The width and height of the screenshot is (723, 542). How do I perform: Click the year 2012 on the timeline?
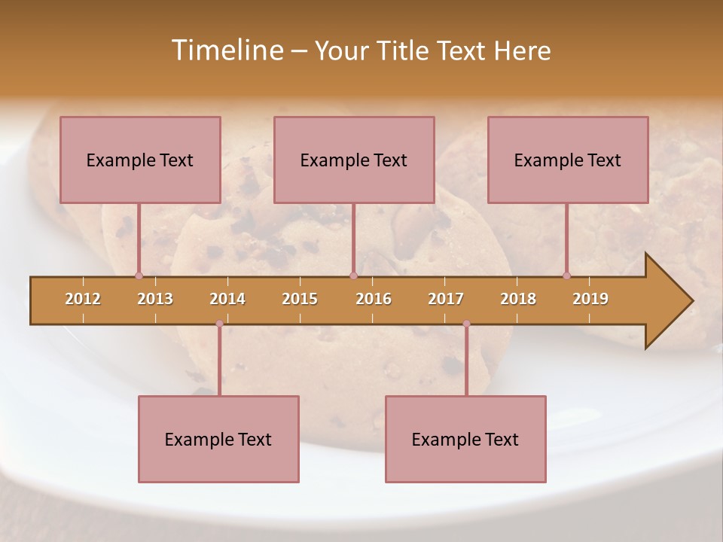[x=83, y=299]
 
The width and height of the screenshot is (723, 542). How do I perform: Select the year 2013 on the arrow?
[x=155, y=299]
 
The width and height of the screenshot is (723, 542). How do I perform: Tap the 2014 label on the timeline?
[x=227, y=299]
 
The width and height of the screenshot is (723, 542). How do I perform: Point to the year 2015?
[x=300, y=299]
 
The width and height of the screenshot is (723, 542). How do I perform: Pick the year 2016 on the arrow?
[x=374, y=299]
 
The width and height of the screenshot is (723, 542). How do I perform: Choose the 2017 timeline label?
[x=446, y=299]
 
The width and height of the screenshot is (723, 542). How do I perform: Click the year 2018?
[x=518, y=299]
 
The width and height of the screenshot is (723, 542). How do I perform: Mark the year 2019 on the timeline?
[x=590, y=299]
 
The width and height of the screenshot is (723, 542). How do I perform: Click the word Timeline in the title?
[x=226, y=50]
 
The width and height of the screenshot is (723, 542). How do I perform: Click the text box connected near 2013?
[x=140, y=160]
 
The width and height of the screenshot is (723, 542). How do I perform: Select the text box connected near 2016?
[x=354, y=160]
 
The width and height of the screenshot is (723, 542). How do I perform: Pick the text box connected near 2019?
[x=568, y=160]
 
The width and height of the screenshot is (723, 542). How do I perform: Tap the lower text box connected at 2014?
[x=218, y=439]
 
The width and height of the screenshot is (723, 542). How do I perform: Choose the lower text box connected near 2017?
[x=465, y=439]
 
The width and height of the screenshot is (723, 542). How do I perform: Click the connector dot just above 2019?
[x=567, y=276]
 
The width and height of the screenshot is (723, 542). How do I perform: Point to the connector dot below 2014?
[x=219, y=324]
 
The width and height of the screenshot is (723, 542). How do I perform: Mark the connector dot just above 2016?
[x=353, y=276]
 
